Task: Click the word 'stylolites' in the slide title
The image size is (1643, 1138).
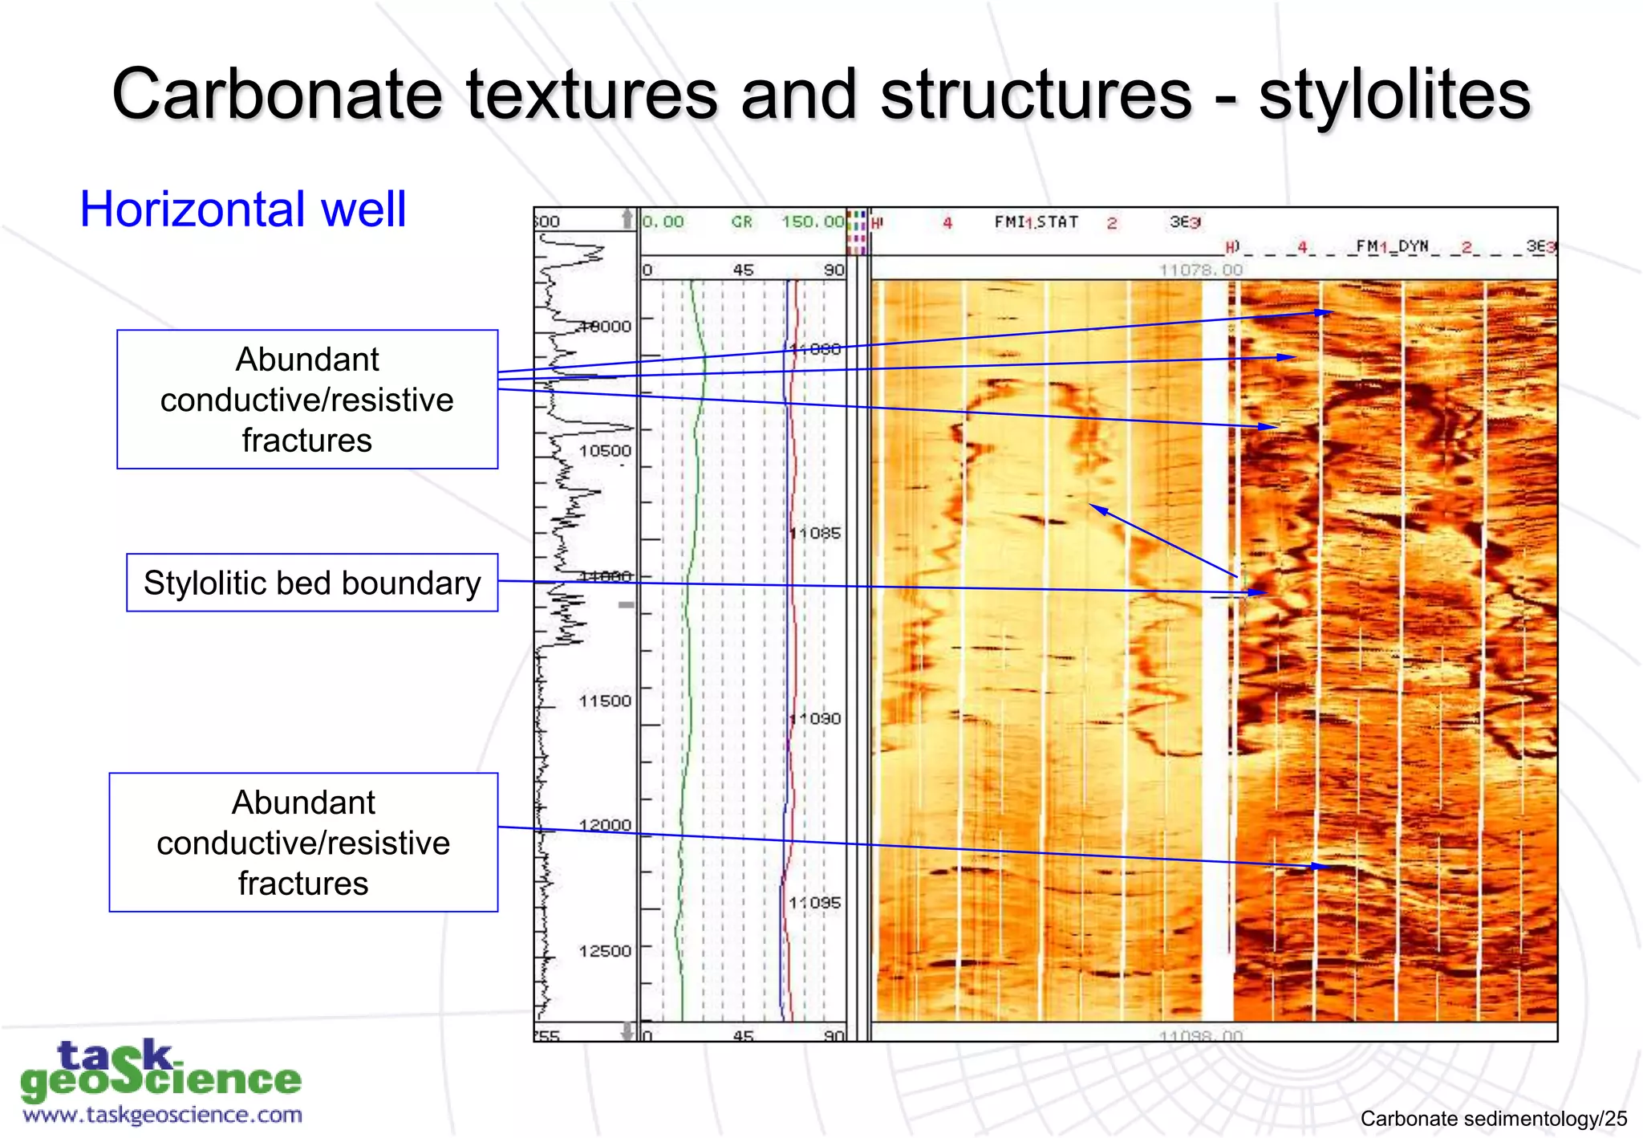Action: tap(1394, 96)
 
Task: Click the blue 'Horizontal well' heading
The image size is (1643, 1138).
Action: tap(243, 209)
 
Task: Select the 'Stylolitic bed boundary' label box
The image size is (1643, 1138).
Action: tap(312, 583)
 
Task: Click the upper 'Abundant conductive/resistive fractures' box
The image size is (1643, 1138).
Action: tap(307, 400)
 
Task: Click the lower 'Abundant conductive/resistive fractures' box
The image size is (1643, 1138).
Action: tap(303, 843)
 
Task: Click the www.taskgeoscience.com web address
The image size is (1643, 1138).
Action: tap(163, 1115)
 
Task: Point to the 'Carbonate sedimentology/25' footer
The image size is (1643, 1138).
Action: tap(1493, 1119)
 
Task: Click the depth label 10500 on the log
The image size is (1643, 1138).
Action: tap(605, 451)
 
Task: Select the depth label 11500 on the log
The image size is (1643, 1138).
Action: tap(605, 701)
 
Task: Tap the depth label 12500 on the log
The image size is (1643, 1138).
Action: tap(605, 951)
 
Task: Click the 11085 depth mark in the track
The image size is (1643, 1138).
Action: tap(815, 534)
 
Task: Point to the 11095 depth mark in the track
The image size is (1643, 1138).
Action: tap(815, 903)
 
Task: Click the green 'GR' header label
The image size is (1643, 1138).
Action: tap(742, 222)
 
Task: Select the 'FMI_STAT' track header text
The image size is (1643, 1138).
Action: tap(1036, 222)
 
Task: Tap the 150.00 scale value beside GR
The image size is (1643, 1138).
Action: tap(813, 222)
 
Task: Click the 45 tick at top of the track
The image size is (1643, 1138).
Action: tap(743, 270)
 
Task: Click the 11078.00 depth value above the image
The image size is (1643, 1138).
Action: tap(1200, 270)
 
